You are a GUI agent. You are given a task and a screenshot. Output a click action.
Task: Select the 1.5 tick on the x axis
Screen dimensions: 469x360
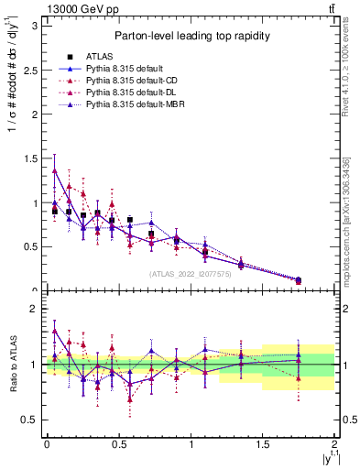click(263, 445)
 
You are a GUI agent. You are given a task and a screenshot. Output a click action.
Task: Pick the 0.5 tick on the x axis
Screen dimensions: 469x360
click(118, 445)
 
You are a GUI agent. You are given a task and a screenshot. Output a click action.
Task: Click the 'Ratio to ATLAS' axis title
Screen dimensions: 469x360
click(13, 364)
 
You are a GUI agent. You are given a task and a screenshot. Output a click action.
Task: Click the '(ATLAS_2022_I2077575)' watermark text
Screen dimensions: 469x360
click(191, 273)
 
